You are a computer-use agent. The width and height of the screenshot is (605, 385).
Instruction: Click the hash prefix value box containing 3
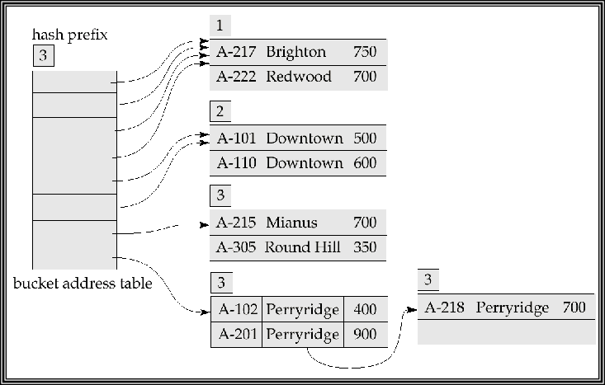click(42, 57)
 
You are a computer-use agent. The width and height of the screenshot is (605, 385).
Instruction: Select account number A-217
click(235, 52)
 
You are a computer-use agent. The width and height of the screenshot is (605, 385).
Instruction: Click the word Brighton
click(295, 52)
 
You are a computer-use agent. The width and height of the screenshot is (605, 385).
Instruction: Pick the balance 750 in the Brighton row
click(364, 52)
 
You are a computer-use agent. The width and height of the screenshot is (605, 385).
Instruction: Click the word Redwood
click(298, 77)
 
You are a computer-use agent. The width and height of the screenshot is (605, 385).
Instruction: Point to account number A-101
click(235, 138)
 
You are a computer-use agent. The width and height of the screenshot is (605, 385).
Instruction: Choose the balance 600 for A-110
click(364, 162)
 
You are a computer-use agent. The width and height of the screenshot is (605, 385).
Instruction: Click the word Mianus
click(291, 223)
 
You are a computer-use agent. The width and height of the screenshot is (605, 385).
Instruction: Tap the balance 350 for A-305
click(364, 247)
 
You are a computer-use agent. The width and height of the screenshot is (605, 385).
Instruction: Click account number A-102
click(235, 309)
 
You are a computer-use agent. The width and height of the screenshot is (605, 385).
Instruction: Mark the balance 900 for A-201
click(364, 334)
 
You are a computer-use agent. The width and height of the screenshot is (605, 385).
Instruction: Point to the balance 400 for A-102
click(364, 309)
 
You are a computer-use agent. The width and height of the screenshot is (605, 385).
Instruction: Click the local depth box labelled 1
click(220, 26)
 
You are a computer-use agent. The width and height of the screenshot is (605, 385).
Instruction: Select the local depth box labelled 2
click(220, 111)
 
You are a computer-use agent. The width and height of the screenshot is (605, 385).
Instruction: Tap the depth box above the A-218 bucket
click(428, 280)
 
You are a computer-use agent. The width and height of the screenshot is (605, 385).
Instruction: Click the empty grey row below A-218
click(506, 331)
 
